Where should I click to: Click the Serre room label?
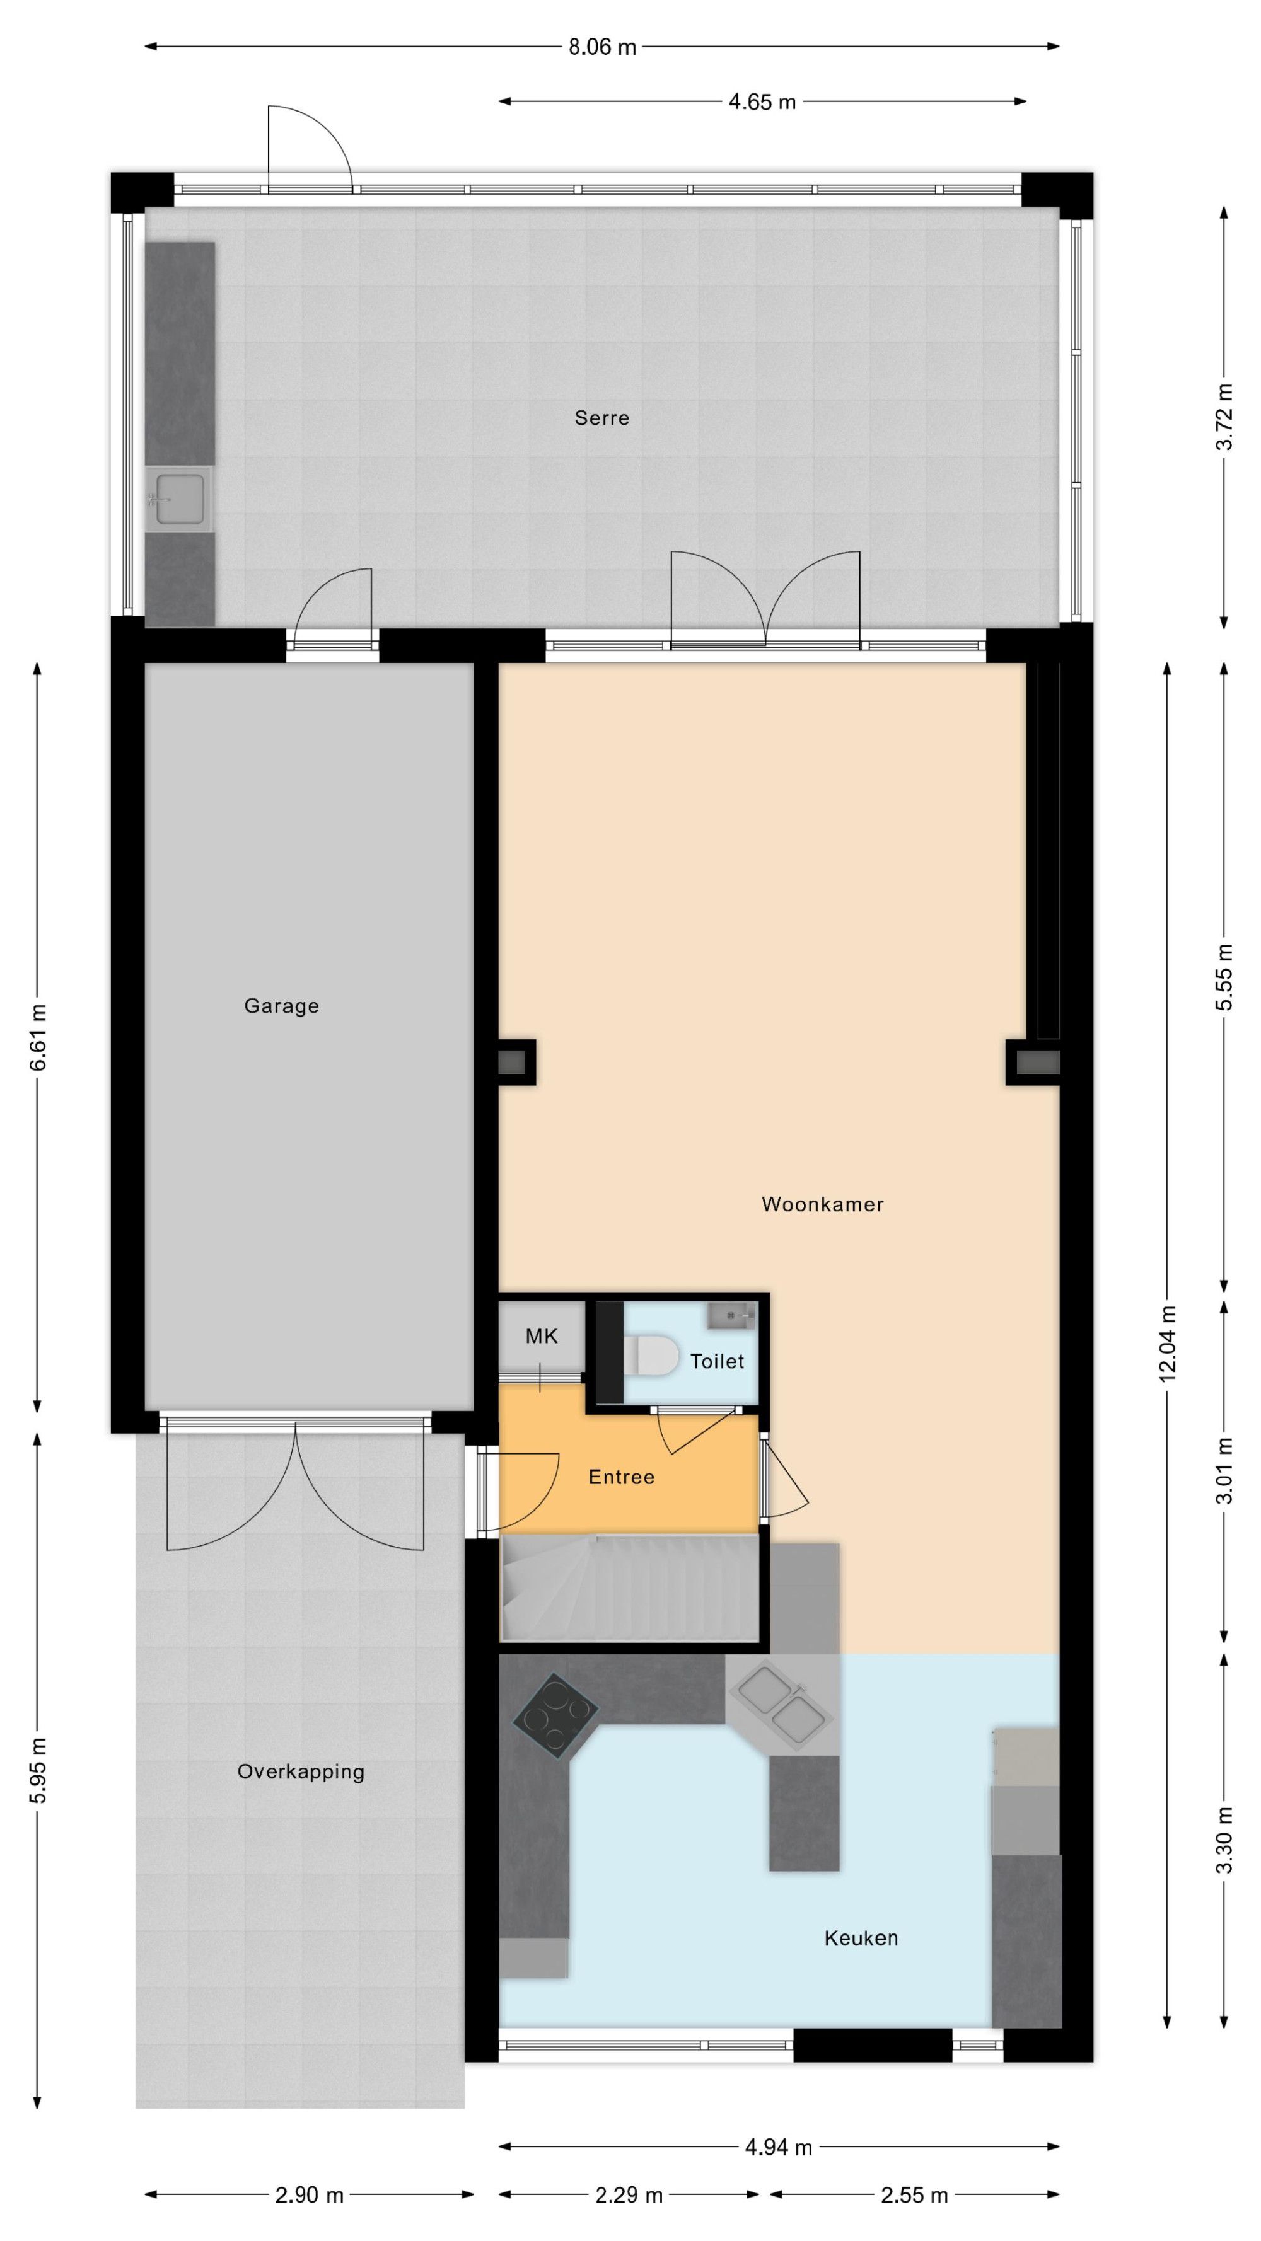click(601, 418)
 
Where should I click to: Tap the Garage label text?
click(281, 1006)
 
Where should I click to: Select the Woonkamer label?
click(822, 1204)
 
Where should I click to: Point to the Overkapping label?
click(300, 1771)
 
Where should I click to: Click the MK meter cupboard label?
click(542, 1336)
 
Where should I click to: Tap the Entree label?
click(622, 1477)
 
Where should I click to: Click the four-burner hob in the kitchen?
click(555, 1715)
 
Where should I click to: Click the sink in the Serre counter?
click(179, 499)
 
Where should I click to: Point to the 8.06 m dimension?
click(602, 47)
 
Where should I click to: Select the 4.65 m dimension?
click(762, 102)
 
